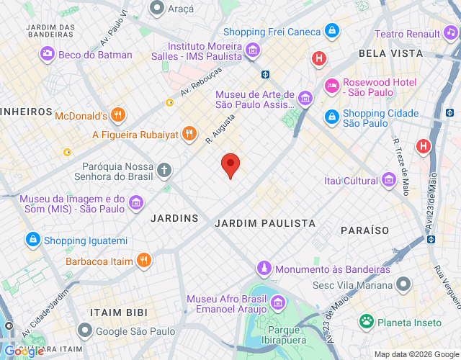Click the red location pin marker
point(230,165)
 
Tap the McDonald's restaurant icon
point(119,114)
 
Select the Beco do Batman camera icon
point(48,53)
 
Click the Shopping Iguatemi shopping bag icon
point(32,239)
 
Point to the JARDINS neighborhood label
point(174,217)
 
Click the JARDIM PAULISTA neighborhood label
point(265,223)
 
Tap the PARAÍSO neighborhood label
point(364,230)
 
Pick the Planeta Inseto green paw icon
point(367,321)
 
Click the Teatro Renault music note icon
point(451,33)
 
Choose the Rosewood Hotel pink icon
point(332,86)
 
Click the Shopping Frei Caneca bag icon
point(332,31)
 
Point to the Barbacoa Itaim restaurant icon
point(145,261)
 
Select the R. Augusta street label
point(220,128)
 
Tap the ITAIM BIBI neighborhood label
point(118,312)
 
